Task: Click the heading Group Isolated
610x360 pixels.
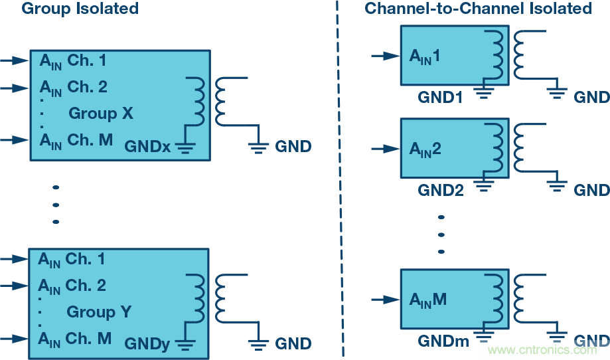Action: coord(80,9)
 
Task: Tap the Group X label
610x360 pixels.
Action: coord(101,114)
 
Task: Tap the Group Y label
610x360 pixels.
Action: coord(100,312)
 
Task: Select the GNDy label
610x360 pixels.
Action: coord(147,343)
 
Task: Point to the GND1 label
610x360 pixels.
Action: coord(440,98)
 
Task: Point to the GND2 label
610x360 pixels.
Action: coord(440,191)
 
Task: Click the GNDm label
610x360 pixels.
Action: coord(443,341)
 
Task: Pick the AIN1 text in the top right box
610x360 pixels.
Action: coord(425,57)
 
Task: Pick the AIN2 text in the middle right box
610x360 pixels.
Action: coord(425,150)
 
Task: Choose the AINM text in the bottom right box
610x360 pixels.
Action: coord(428,300)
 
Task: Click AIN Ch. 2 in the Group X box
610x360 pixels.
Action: coord(73,87)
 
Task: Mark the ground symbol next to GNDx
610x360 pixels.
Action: coord(183,147)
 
